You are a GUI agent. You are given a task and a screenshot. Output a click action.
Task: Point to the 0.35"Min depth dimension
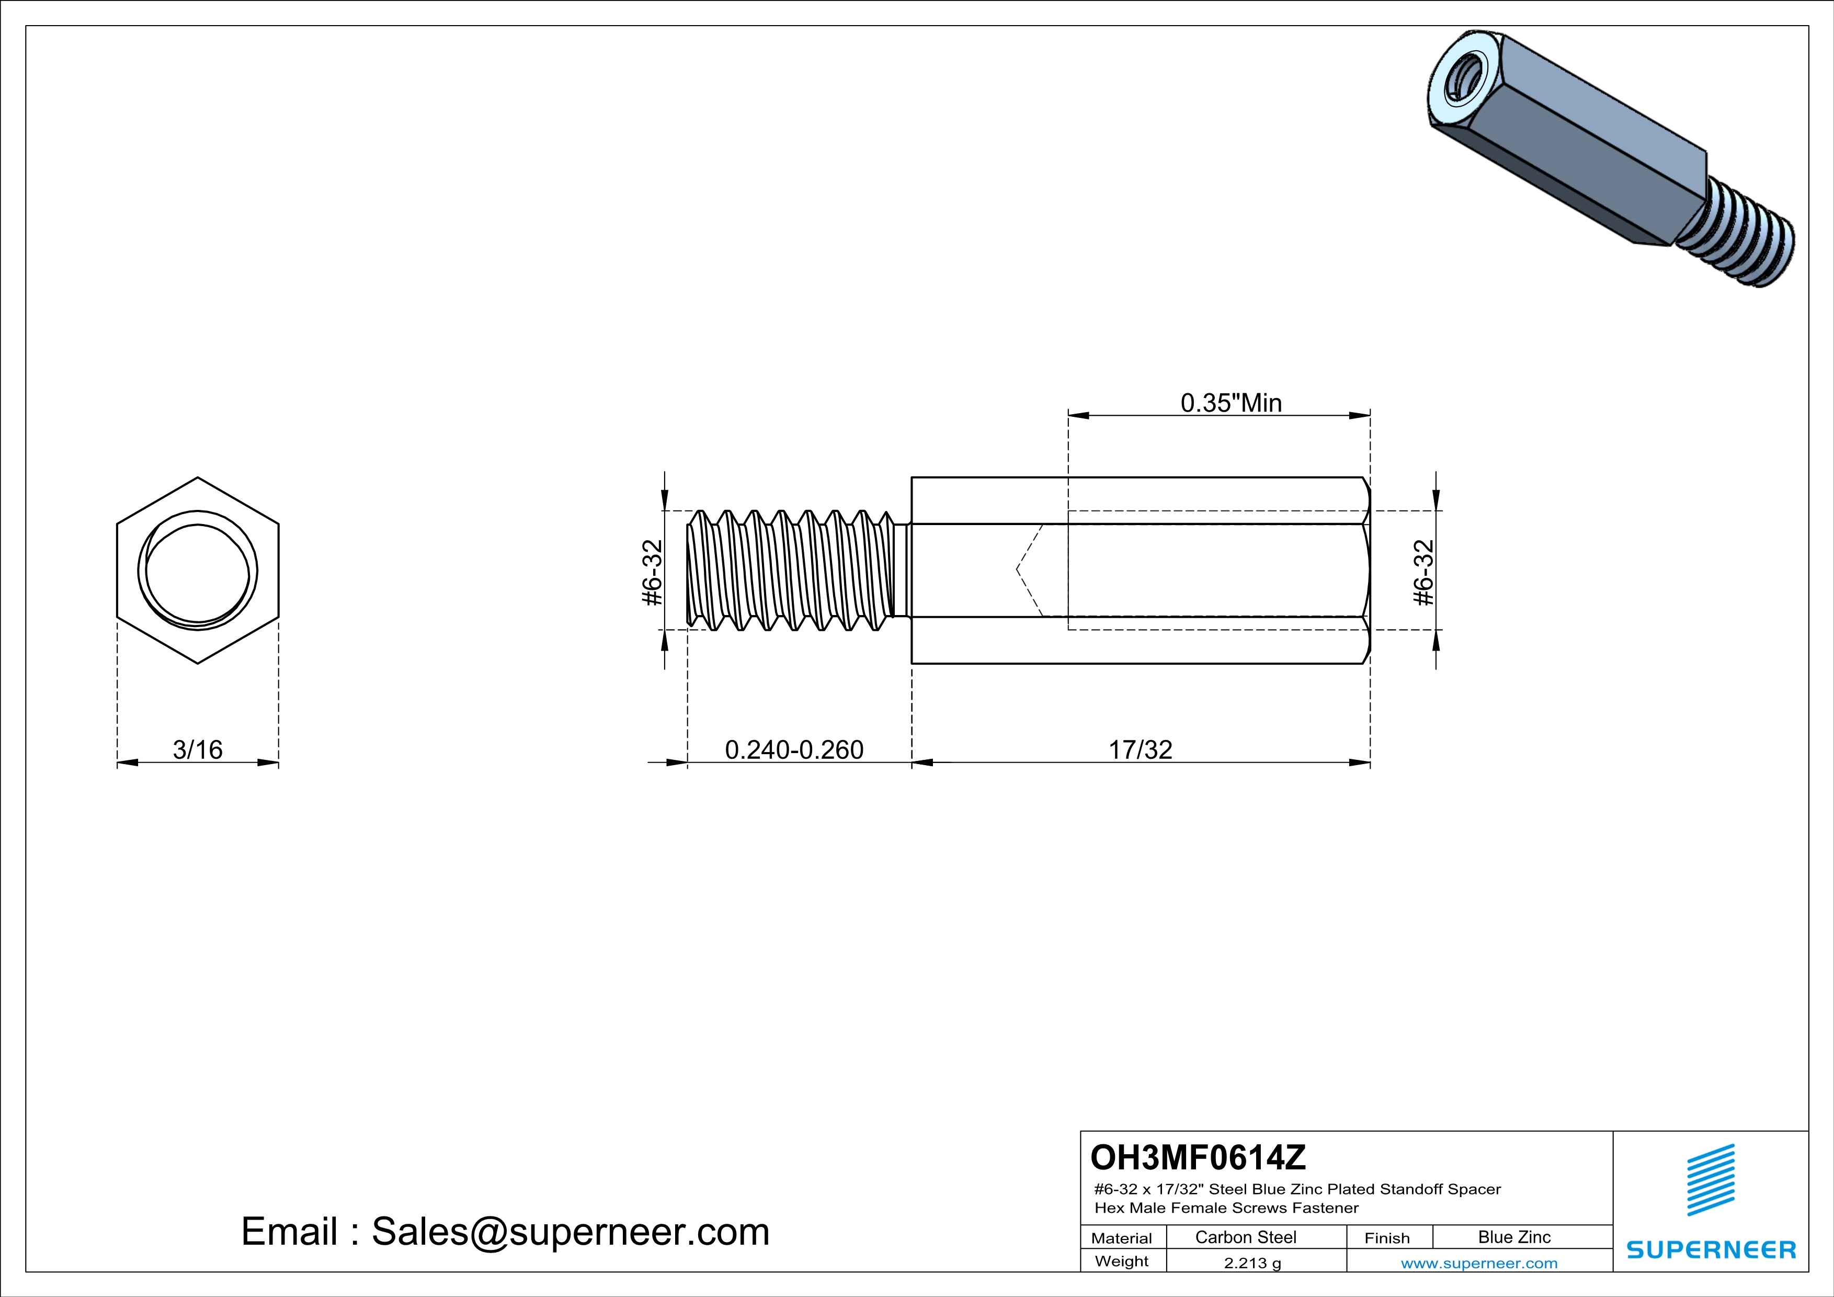pos(1231,403)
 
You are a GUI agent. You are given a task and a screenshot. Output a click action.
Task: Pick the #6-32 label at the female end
pos(1423,573)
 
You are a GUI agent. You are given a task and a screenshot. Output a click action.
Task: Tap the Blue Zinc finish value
pos(1514,1237)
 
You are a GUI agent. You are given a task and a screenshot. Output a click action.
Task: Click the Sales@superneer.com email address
pos(571,1232)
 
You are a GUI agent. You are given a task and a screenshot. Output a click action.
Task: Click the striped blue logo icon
pos(1711,1180)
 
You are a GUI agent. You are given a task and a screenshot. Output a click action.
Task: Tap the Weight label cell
pos(1122,1261)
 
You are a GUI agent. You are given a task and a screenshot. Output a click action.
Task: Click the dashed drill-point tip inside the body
pos(1017,570)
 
